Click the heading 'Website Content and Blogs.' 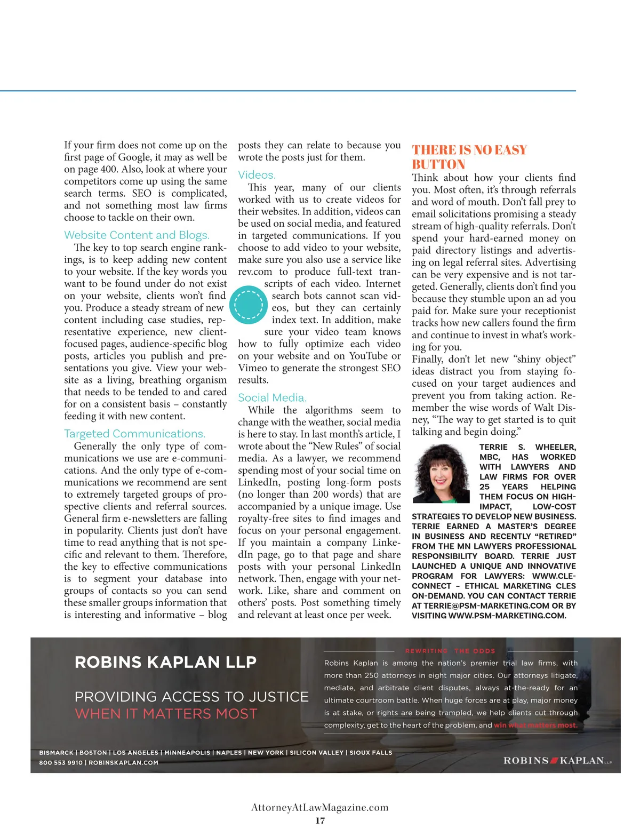click(137, 235)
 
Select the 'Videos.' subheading click(257, 175)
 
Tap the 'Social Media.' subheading click(272, 397)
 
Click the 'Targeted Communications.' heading click(134, 434)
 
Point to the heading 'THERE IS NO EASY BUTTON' click(469, 157)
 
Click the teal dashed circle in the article click(249, 305)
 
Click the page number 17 click(320, 820)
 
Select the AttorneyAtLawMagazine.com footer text click(320, 807)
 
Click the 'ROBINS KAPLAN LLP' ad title click(165, 662)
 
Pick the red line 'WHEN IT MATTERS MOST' click(166, 714)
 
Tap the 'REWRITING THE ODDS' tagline click(450, 651)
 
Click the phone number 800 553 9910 click(60, 762)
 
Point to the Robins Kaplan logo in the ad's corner click(557, 760)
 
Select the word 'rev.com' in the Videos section click(255, 272)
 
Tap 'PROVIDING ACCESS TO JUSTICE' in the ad click(191, 697)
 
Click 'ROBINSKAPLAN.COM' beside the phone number click(123, 762)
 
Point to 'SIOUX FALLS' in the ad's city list click(371, 753)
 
